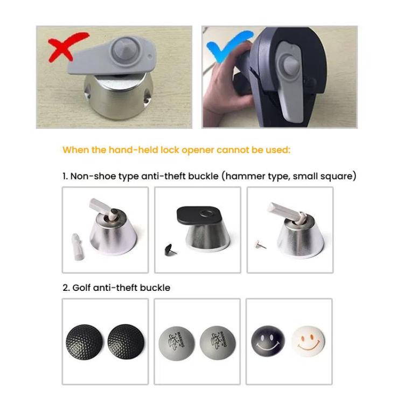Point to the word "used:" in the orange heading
point(278,150)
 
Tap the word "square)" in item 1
point(339,176)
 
